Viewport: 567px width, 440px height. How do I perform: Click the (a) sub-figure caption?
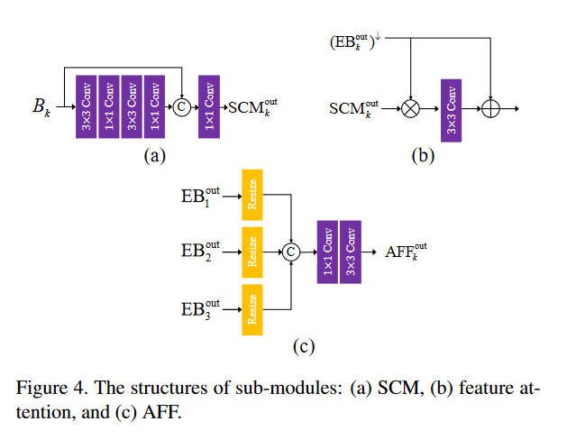[x=154, y=155]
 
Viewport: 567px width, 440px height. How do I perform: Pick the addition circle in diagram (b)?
[x=490, y=108]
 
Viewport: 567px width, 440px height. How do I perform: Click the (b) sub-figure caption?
[x=423, y=155]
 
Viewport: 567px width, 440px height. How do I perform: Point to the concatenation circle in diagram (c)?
[x=291, y=253]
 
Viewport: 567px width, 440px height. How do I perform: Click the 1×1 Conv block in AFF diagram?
[x=326, y=253]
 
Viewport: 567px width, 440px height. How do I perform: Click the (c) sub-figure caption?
[x=301, y=344]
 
